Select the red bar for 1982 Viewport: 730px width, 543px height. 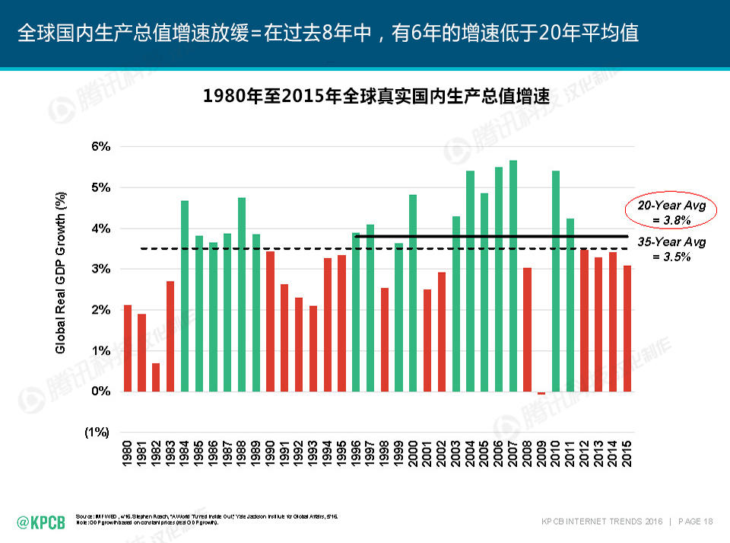(x=156, y=377)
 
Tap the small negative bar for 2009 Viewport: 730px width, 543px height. (x=541, y=393)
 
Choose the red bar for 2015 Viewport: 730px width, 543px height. (x=627, y=328)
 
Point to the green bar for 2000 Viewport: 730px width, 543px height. (x=413, y=293)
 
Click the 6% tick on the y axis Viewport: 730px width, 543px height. (x=101, y=146)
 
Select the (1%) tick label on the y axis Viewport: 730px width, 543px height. (x=97, y=432)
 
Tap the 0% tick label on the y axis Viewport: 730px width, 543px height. (x=101, y=391)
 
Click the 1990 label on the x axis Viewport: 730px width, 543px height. (x=270, y=453)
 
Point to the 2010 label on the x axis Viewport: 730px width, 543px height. (x=556, y=453)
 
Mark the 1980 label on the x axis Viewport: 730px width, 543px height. (x=128, y=453)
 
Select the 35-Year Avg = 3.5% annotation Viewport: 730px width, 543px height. (x=671, y=249)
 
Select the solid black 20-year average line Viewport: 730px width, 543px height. (x=494, y=236)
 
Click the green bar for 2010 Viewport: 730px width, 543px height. (x=556, y=281)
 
